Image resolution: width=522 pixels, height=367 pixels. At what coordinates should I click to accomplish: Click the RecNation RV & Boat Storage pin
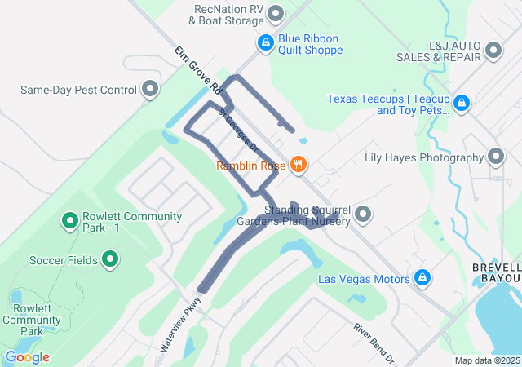pos(276,13)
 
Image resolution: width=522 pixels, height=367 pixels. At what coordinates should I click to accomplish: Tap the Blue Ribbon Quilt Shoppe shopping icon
pos(265,42)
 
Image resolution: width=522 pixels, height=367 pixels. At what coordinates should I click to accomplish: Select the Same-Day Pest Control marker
pos(149,89)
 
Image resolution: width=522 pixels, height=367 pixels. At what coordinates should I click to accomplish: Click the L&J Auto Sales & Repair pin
pos(493,51)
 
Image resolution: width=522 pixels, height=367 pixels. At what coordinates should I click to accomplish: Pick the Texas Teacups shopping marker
pos(462,103)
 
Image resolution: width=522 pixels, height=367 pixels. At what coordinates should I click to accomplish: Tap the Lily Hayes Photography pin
pos(496,157)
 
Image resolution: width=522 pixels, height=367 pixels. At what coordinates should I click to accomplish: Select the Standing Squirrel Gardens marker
pos(364,214)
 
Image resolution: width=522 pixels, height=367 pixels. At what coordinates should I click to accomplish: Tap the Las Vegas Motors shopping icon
pos(422,279)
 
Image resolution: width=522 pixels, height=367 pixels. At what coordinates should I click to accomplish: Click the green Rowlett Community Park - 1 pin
pos(70,220)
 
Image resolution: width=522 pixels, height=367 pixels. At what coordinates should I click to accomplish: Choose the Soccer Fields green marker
pos(111,260)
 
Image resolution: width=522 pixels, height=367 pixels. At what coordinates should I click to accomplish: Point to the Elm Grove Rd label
pos(197,69)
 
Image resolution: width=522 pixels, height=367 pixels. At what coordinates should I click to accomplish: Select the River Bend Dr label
pos(374,343)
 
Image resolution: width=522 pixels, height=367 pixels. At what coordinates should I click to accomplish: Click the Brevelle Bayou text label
pos(497,273)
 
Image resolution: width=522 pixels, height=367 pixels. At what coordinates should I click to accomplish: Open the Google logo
pos(26,357)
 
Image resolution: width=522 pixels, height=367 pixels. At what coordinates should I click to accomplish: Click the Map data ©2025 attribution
pos(487,360)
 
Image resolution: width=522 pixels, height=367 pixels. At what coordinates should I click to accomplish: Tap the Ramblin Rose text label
pos(250,166)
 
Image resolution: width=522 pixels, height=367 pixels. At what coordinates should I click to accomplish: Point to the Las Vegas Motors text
pos(363,280)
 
